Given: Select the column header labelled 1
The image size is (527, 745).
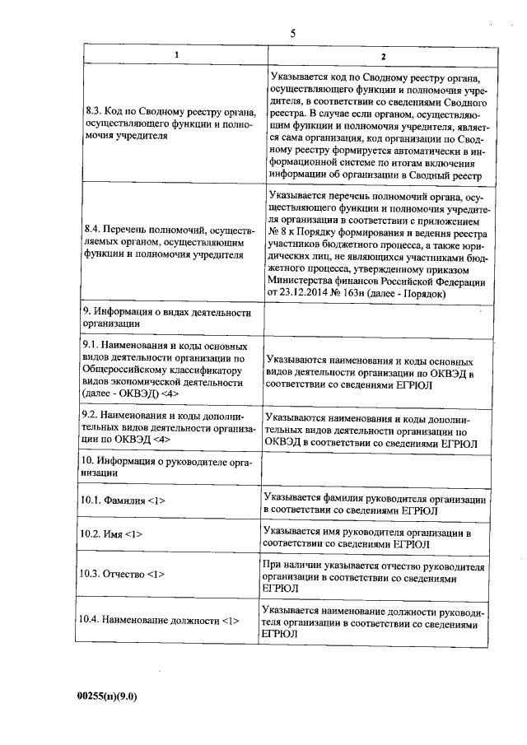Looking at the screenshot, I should (173, 55).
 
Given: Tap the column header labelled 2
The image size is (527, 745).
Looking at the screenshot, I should (381, 55).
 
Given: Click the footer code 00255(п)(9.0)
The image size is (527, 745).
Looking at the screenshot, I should (106, 696).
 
